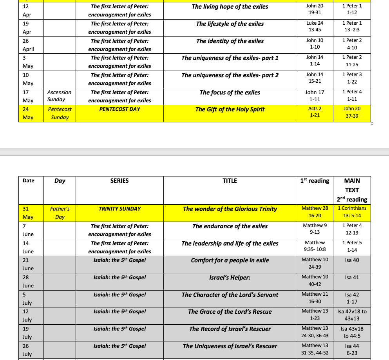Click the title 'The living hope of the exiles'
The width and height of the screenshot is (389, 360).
(230, 7)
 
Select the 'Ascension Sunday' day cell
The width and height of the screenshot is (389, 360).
(59, 96)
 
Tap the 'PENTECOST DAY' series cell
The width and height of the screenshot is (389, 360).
(119, 109)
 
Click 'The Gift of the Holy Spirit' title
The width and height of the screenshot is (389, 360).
(230, 109)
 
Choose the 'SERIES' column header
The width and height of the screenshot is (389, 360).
(119, 181)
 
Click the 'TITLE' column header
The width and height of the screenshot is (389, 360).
(230, 181)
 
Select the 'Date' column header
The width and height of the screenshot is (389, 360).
(29, 181)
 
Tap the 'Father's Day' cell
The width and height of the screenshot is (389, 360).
(60, 213)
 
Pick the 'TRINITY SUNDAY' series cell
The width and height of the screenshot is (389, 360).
(119, 209)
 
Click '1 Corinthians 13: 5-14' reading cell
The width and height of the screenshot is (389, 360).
(352, 212)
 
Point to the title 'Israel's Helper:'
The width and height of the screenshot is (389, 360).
(230, 278)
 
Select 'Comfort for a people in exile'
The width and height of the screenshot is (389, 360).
(230, 260)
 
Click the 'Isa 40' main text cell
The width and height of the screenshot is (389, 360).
(352, 260)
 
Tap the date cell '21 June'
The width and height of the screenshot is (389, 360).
(28, 264)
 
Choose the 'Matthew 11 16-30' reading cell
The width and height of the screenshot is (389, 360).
(315, 298)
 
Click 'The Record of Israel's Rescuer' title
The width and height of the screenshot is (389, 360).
(230, 329)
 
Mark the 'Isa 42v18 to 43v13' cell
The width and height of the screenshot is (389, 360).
(352, 315)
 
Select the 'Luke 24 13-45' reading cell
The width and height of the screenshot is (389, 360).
(315, 26)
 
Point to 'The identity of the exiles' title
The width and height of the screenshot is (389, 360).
(230, 41)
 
